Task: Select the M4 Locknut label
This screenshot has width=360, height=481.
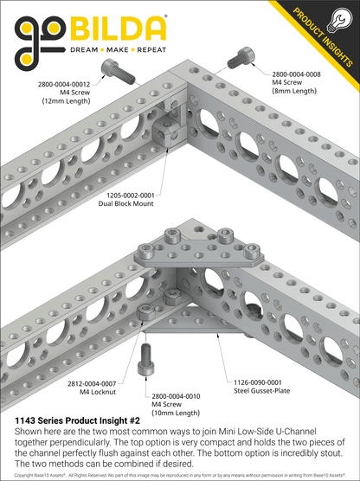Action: [x=92, y=391]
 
